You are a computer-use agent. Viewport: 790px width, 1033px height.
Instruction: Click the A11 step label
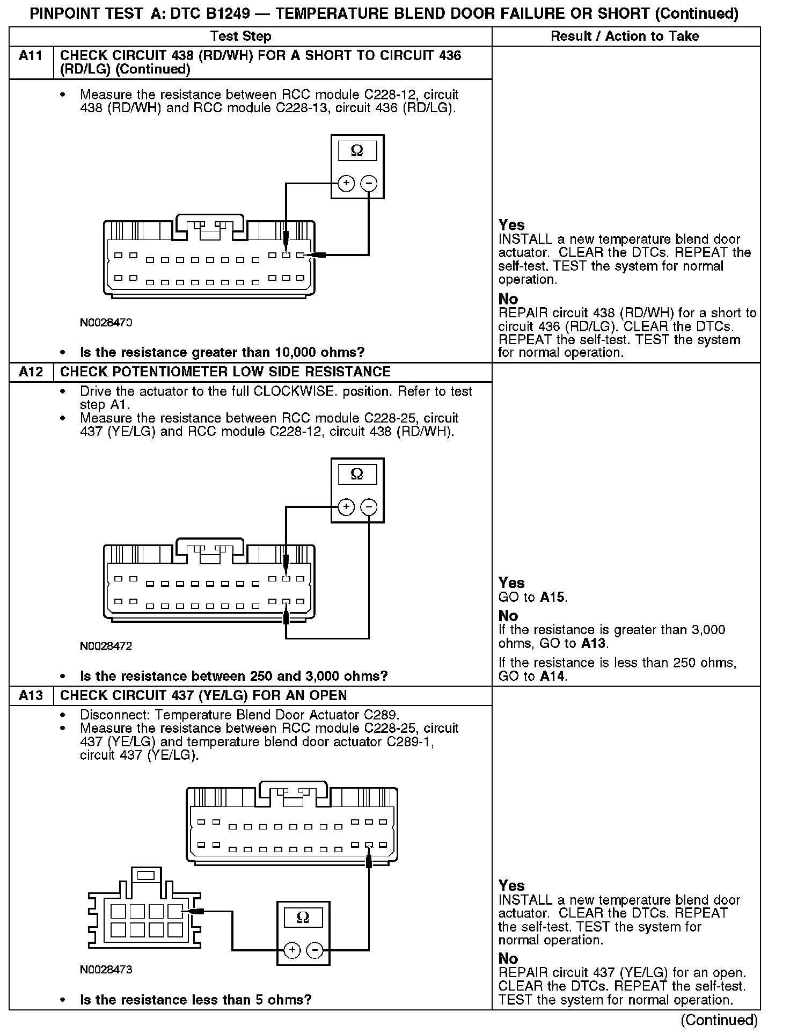[31, 56]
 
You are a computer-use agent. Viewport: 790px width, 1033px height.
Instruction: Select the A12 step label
[31, 372]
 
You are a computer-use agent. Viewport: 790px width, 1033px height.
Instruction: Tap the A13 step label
[31, 695]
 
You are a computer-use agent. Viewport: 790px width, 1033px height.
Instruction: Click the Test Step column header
[241, 37]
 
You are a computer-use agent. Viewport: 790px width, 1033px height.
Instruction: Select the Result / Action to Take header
[625, 37]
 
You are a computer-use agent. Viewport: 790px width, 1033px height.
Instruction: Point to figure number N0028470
[106, 323]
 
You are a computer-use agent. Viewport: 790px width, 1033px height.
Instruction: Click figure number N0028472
[106, 646]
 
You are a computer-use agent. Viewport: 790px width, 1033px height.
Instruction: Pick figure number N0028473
[106, 970]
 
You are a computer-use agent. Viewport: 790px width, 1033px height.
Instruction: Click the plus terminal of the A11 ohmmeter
[346, 184]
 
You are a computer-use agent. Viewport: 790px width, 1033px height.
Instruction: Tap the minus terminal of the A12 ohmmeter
[369, 507]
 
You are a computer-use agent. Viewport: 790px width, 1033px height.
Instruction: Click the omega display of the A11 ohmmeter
[357, 151]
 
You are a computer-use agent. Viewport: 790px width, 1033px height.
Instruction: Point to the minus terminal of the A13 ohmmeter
[314, 951]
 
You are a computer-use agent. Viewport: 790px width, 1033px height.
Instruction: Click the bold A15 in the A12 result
[553, 598]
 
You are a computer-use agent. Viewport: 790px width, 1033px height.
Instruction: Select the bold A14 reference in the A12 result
[553, 676]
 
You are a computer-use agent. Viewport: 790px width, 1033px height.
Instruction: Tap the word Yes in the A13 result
[511, 885]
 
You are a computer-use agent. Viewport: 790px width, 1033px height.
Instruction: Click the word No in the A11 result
[508, 299]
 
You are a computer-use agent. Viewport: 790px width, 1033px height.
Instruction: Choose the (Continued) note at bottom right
[719, 1020]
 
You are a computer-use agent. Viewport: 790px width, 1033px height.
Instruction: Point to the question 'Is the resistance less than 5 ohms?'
[195, 1000]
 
